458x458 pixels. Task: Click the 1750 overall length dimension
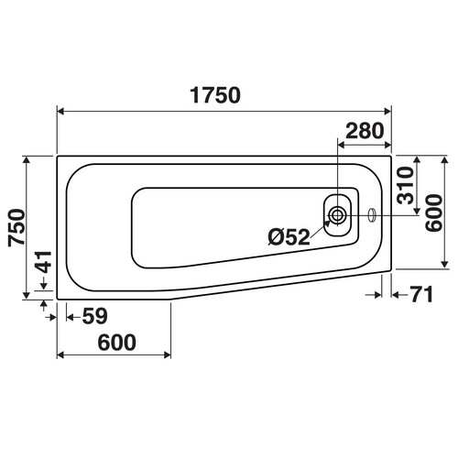(215, 95)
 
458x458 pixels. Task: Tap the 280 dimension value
(365, 131)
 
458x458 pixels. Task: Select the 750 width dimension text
(16, 227)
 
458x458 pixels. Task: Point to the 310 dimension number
(405, 185)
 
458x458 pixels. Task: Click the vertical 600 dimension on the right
(434, 213)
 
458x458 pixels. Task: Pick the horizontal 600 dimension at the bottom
(117, 343)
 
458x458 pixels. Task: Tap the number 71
(421, 294)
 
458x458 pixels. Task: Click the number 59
(95, 316)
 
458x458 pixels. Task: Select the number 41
(44, 262)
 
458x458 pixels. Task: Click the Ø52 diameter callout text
(289, 237)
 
